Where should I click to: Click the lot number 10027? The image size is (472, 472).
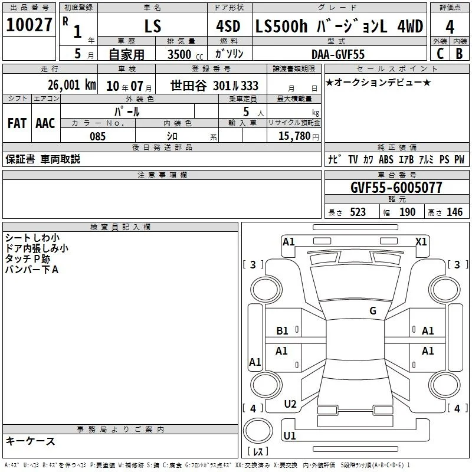coord(29,25)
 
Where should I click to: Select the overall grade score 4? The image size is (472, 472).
coord(450,27)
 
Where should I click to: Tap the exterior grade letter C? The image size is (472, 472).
coord(440,54)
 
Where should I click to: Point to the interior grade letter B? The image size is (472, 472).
coord(459,54)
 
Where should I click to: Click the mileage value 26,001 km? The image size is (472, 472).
coord(72,85)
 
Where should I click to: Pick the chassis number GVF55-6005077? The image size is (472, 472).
coord(396,188)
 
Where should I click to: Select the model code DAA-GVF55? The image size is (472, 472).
coord(338,54)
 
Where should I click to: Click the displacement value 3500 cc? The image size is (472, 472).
coord(185,54)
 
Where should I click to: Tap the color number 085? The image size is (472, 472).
coord(98,136)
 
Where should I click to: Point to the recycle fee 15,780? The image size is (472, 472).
coord(294,136)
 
